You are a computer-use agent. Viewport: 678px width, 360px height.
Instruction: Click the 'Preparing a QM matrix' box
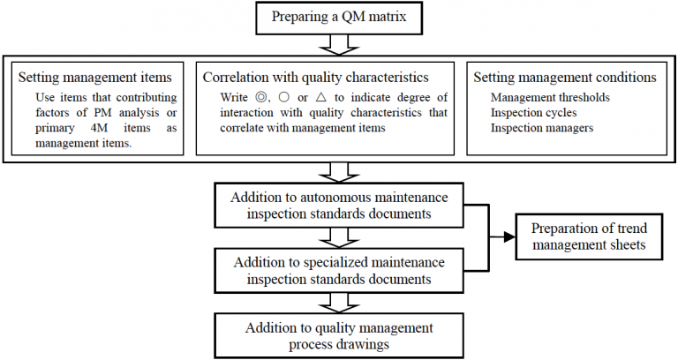[x=338, y=17]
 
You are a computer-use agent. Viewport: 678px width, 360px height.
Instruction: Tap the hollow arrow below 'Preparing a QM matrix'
[x=338, y=44]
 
